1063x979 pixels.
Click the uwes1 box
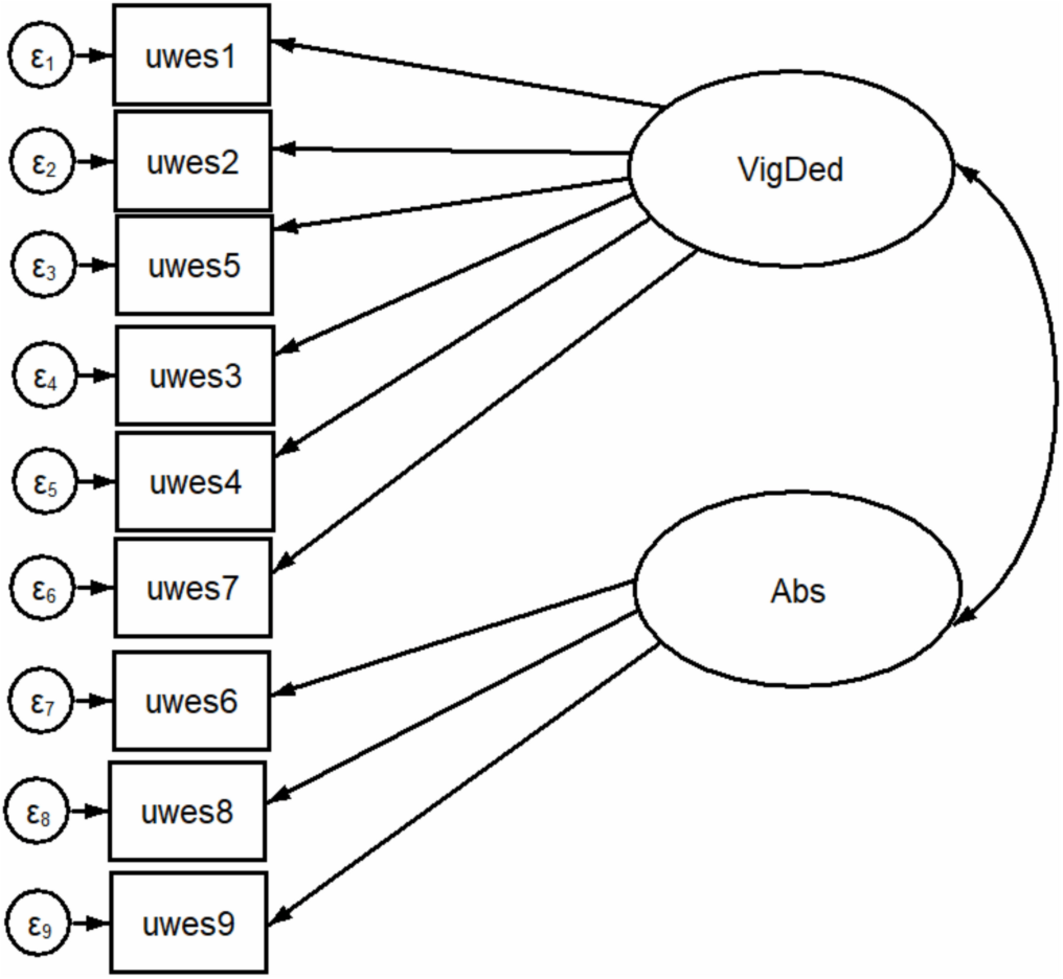[191, 55]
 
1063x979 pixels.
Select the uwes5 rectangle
[195, 265]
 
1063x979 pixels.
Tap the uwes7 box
[193, 587]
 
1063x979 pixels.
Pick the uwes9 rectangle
[188, 923]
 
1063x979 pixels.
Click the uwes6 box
[191, 701]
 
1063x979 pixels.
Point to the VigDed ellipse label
[790, 170]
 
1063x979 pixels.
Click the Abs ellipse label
[797, 591]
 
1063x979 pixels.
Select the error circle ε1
[40, 55]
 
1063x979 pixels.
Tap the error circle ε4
[45, 375]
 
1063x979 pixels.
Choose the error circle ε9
[38, 923]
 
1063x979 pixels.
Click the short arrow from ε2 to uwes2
[94, 162]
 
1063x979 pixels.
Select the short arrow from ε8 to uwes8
[89, 811]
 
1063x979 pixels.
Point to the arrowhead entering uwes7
[284, 561]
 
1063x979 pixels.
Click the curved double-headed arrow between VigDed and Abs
[1054, 392]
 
